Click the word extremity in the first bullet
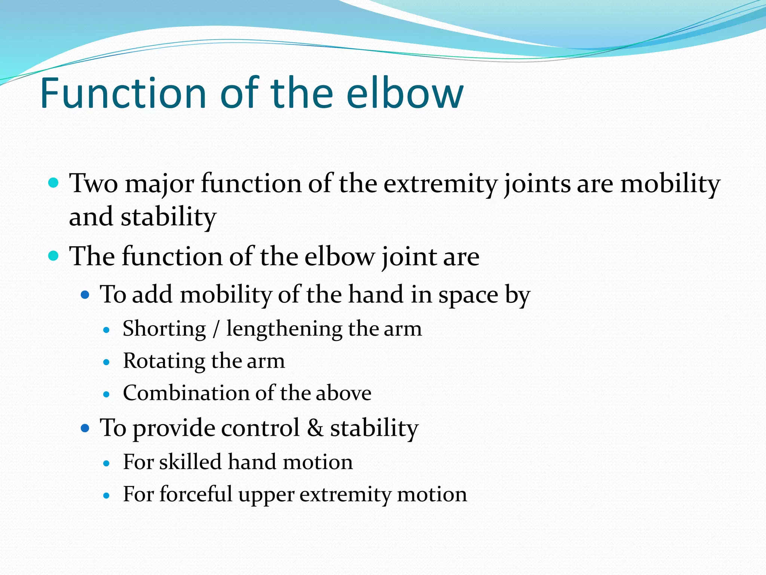click(441, 184)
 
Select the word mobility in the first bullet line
click(670, 184)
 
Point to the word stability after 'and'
click(168, 217)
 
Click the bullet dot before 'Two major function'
click(54, 183)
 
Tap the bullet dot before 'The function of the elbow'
click(54, 256)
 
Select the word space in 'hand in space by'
click(468, 295)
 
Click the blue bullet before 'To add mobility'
click(85, 295)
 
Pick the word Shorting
click(165, 329)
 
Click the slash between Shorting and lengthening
click(216, 329)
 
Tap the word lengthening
click(284, 329)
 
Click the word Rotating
click(164, 361)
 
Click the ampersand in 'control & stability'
click(315, 428)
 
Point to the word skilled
click(190, 462)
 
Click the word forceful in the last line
click(196, 494)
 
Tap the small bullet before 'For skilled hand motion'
click(107, 463)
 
